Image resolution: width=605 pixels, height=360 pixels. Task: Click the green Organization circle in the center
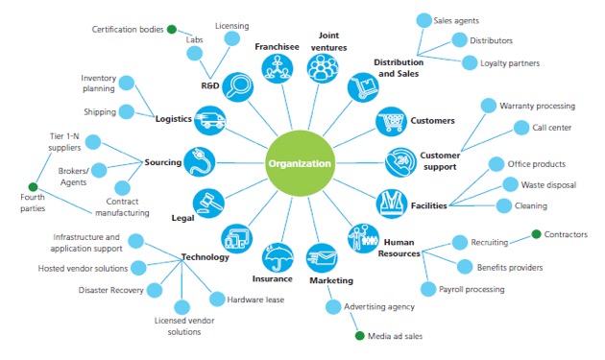tap(300, 163)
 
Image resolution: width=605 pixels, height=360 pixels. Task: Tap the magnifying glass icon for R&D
tap(238, 87)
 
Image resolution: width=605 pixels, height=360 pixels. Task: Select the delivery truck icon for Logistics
tap(210, 120)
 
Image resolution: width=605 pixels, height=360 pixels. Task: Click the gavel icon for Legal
tap(208, 204)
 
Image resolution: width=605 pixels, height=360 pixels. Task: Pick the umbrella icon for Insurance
tap(278, 257)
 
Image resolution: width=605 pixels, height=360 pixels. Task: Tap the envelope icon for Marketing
tap(322, 258)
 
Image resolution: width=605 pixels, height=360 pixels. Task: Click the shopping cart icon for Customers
tap(391, 122)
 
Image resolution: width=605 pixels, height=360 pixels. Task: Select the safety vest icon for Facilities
tap(392, 204)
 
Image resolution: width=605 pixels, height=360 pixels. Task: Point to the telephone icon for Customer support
tap(400, 162)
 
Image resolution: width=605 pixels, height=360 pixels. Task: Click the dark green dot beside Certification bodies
tap(172, 30)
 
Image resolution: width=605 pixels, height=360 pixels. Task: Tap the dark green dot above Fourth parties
tap(34, 187)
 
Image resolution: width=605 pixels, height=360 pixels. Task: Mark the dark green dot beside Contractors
tap(536, 234)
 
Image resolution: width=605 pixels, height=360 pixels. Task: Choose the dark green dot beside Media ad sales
tap(359, 336)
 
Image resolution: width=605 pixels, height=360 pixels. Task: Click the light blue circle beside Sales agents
tap(424, 20)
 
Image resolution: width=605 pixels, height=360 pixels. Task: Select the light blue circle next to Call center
tap(521, 128)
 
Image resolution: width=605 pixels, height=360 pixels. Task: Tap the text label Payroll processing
tap(472, 289)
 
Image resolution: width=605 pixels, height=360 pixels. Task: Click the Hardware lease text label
tap(255, 300)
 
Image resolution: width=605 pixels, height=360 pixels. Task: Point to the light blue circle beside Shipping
tap(127, 112)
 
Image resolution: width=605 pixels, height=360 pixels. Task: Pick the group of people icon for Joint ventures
tap(323, 68)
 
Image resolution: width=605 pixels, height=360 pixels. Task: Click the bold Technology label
tap(206, 257)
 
